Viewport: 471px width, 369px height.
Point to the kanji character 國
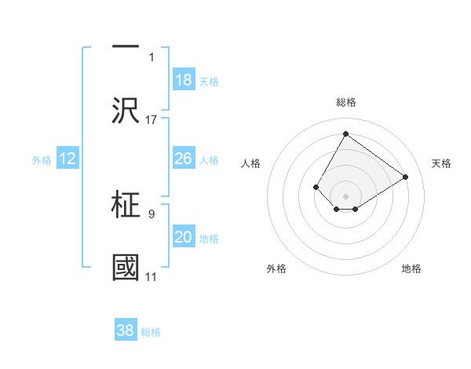126,267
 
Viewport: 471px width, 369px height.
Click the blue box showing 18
183,80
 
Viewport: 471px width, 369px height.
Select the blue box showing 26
183,159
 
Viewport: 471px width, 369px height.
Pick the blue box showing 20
183,237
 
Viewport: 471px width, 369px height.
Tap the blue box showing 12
67,159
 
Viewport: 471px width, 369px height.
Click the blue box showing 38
126,331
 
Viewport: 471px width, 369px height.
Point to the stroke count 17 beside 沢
152,119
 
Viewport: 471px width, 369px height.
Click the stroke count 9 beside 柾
152,213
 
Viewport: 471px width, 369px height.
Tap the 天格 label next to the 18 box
208,82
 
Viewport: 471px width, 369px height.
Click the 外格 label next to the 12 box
42,160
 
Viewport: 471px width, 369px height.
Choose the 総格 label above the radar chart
345,102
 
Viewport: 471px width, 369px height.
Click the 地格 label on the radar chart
411,269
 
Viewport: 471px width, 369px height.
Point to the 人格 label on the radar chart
250,163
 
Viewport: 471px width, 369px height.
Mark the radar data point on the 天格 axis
405,177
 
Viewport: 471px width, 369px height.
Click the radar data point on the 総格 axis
345,134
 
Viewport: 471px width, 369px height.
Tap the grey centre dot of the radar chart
345,195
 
